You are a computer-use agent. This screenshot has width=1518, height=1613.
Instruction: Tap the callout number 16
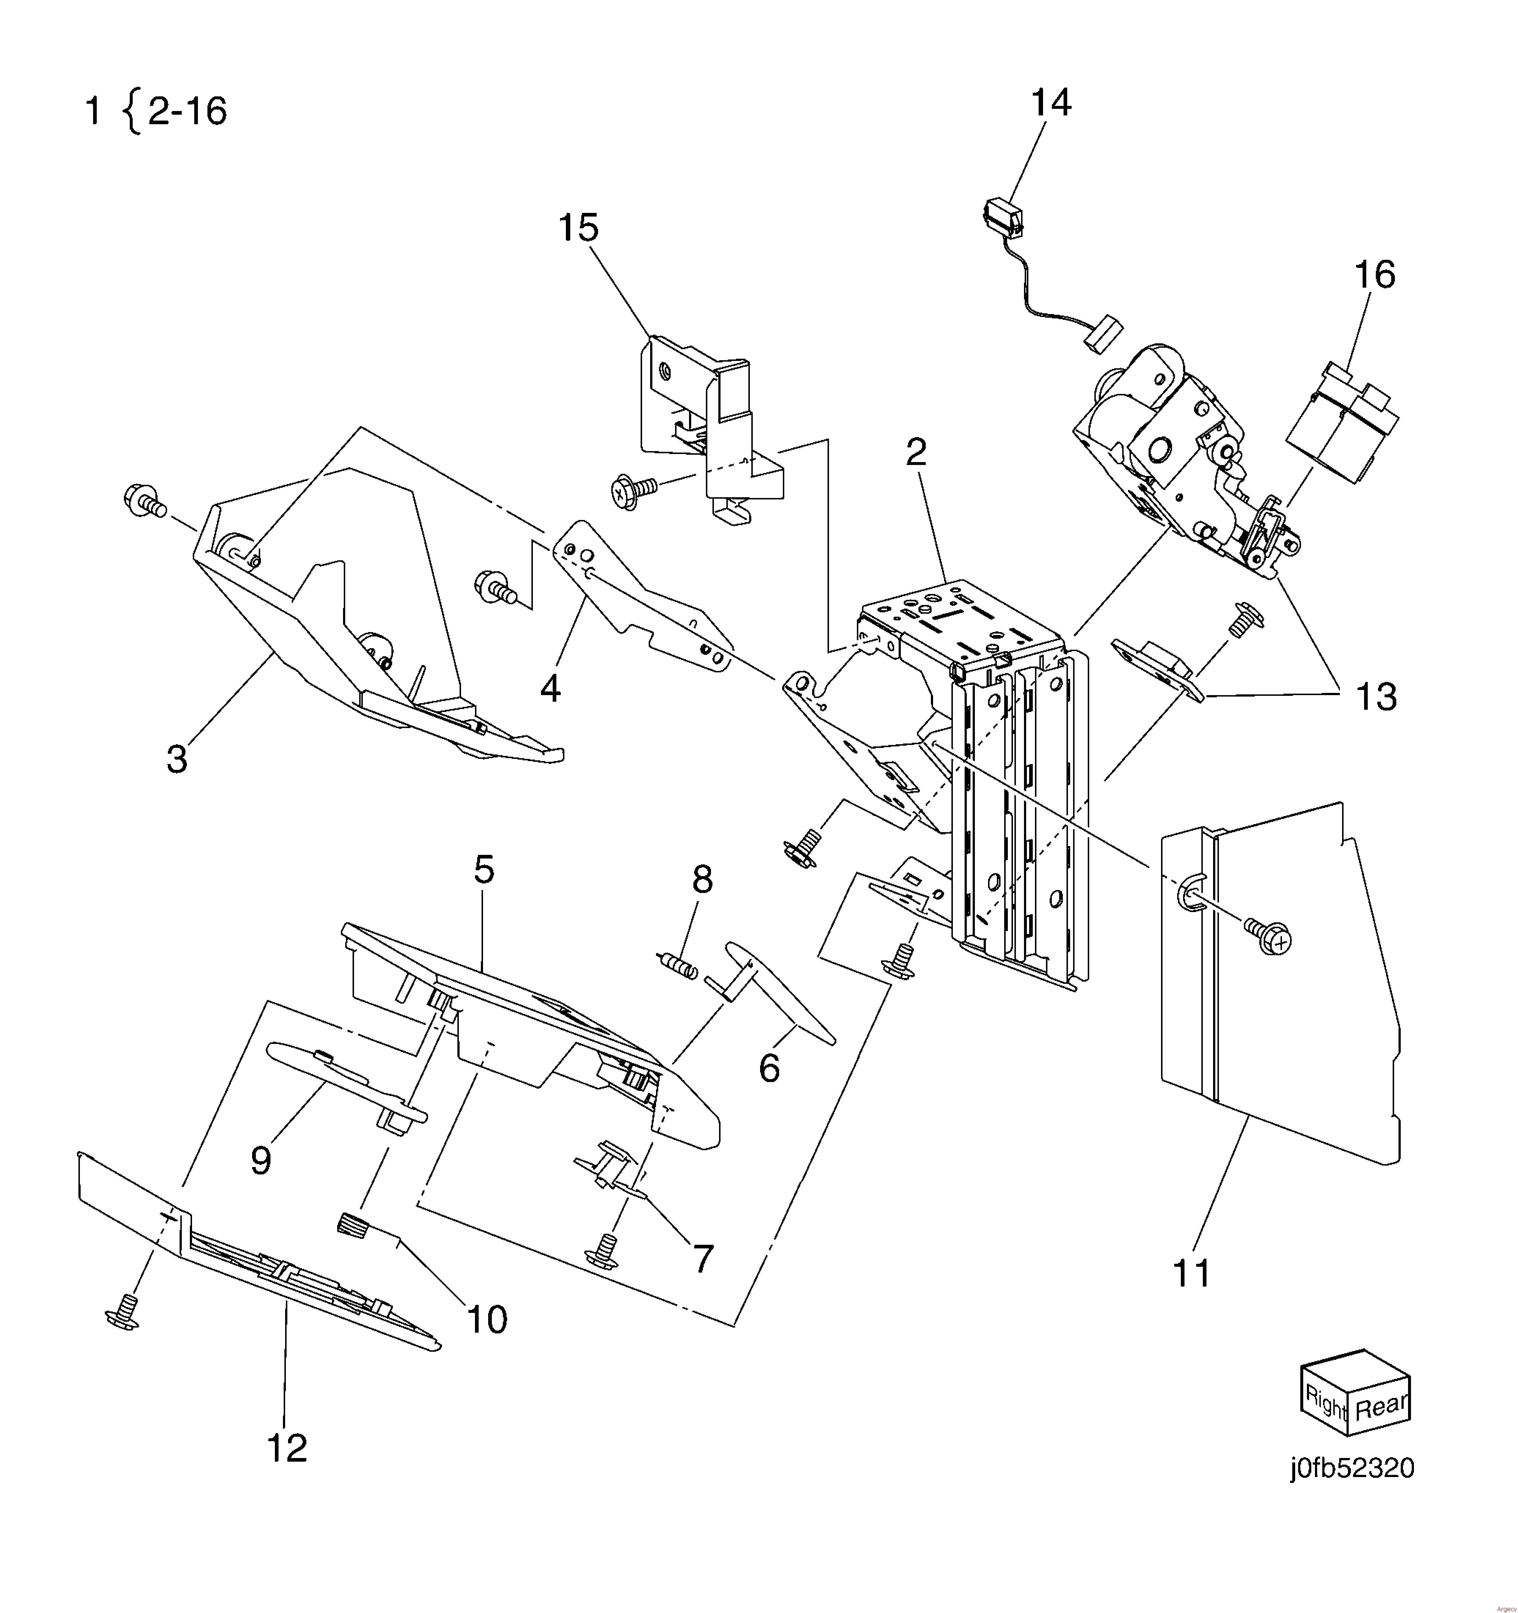(1374, 275)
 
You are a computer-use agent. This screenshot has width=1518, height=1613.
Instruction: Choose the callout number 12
(287, 1447)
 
